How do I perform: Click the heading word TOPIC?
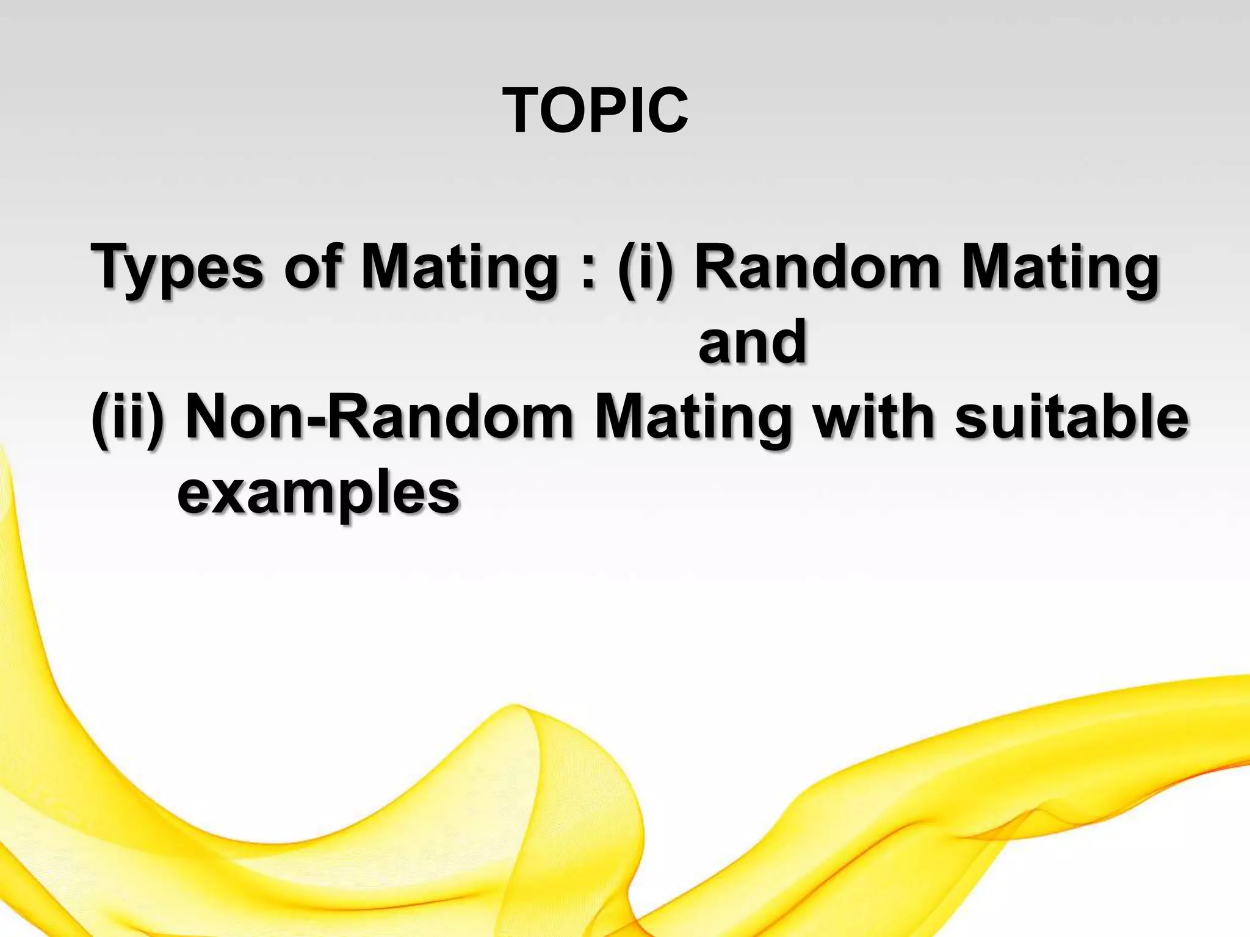pyautogui.click(x=595, y=110)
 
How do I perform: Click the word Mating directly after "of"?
pyautogui.click(x=458, y=268)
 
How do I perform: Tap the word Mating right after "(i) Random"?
pyautogui.click(x=1060, y=268)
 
